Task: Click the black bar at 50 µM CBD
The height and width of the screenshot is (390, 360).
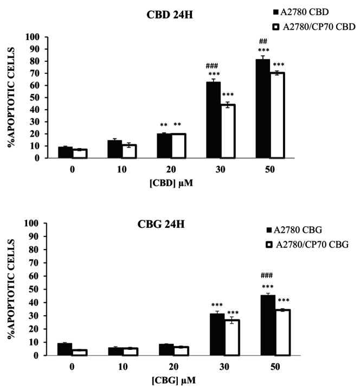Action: click(x=263, y=108)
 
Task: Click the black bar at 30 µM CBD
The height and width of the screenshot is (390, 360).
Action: click(x=213, y=120)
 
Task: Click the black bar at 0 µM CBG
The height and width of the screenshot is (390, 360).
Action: click(x=65, y=349)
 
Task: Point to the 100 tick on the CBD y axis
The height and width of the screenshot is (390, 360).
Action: click(x=34, y=37)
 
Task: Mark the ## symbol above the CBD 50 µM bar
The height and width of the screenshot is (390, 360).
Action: click(x=263, y=41)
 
